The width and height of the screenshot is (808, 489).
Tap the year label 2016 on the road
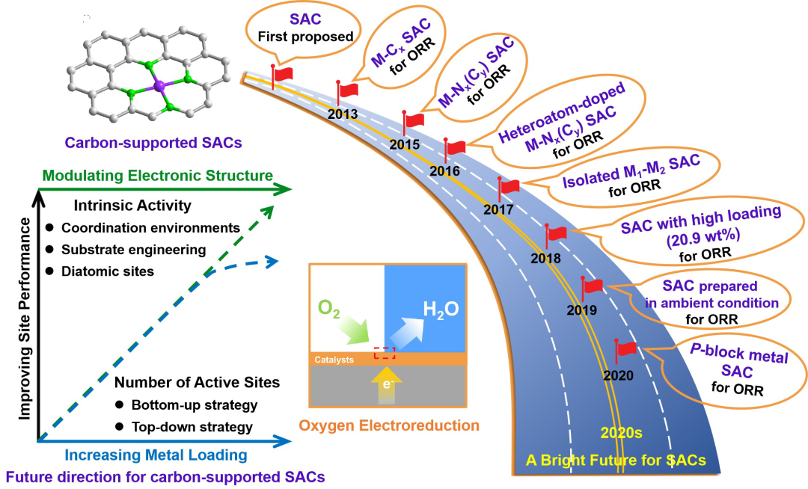(x=444, y=171)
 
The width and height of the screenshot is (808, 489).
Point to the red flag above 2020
(x=625, y=348)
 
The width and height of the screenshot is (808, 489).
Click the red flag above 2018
(x=557, y=234)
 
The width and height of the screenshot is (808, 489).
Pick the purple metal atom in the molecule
(x=158, y=88)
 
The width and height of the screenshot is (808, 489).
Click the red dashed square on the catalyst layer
(x=384, y=353)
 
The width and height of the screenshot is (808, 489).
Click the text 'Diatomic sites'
(x=108, y=271)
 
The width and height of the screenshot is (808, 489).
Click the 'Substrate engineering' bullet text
(x=134, y=250)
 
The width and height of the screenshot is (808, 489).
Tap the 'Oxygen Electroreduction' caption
(x=389, y=426)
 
